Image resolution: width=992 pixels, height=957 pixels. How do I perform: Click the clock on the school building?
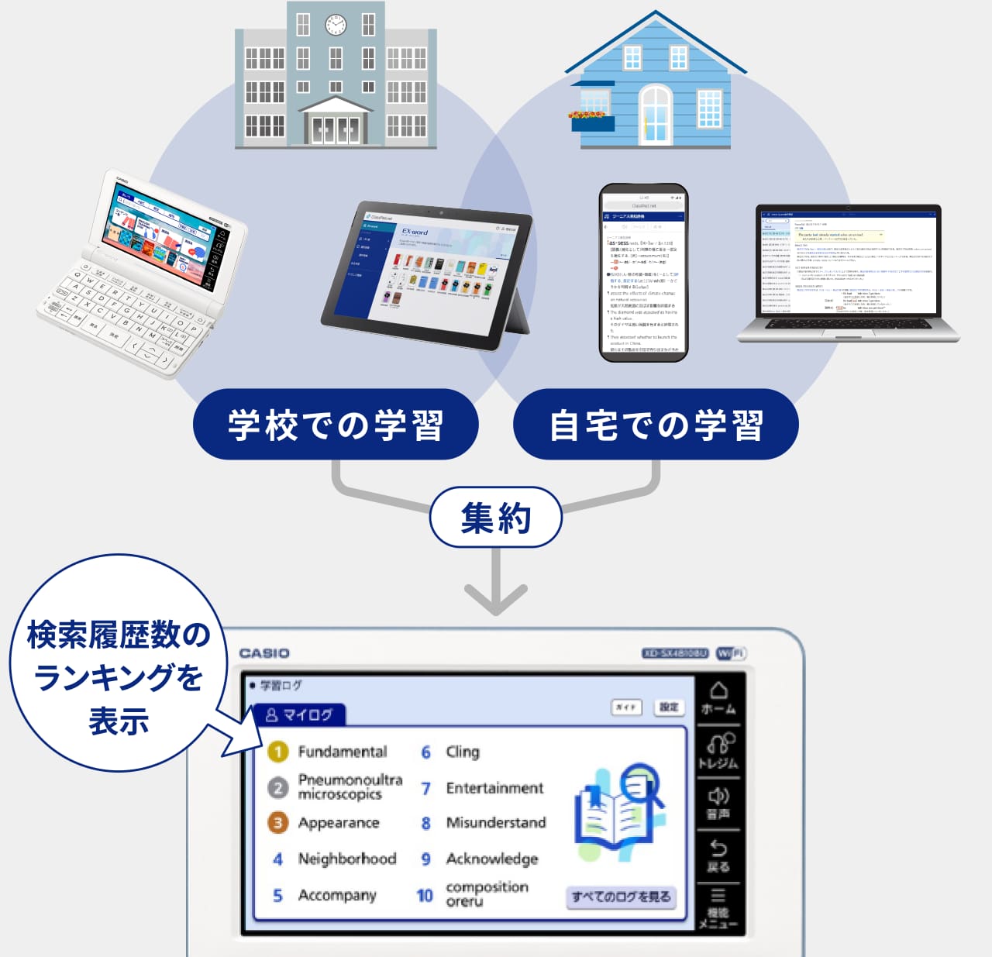[336, 25]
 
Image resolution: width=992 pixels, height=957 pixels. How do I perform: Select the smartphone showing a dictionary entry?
[643, 273]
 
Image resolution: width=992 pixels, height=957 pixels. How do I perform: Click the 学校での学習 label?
[336, 425]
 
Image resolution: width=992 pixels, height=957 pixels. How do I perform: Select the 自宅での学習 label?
[656, 425]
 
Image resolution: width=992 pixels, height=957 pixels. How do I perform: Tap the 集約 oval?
[495, 518]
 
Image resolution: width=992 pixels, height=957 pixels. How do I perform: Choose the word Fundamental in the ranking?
[342, 752]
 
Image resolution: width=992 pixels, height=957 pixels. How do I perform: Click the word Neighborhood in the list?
[346, 859]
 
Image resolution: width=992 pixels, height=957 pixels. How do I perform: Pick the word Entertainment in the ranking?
[494, 788]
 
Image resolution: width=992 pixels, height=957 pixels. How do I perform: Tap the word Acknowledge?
[491, 859]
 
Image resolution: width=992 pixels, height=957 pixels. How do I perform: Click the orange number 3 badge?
[277, 823]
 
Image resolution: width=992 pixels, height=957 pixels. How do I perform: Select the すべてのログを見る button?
[621, 897]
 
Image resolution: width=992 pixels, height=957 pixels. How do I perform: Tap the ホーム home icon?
[718, 697]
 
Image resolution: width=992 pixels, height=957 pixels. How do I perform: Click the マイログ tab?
[298, 714]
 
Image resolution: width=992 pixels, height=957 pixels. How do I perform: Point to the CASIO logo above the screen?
[264, 653]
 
